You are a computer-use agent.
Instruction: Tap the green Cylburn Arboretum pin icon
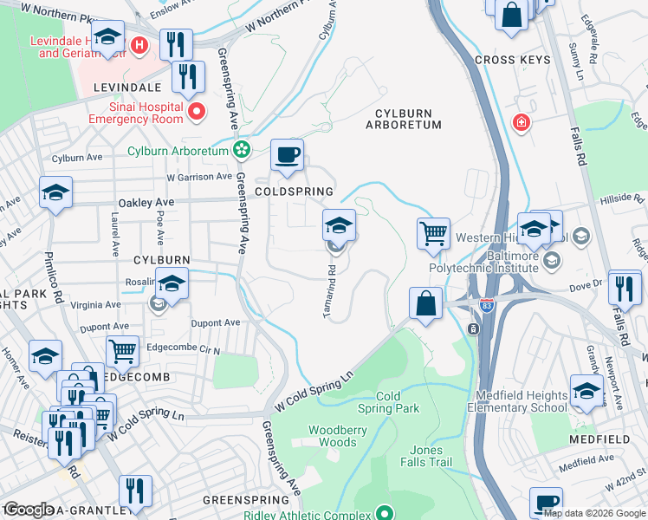point(242,151)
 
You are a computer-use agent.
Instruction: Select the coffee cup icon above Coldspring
point(288,156)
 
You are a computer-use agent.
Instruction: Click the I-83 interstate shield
point(487,306)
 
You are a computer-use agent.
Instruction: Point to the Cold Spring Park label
point(388,402)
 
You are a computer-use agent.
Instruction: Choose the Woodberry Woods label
point(339,436)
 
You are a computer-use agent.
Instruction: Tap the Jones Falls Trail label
point(426,456)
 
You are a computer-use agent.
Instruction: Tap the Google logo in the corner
point(28,510)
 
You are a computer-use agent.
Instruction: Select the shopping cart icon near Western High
point(433,232)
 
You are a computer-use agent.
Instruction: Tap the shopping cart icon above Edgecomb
point(122,351)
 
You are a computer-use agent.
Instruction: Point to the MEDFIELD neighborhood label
point(600,439)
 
